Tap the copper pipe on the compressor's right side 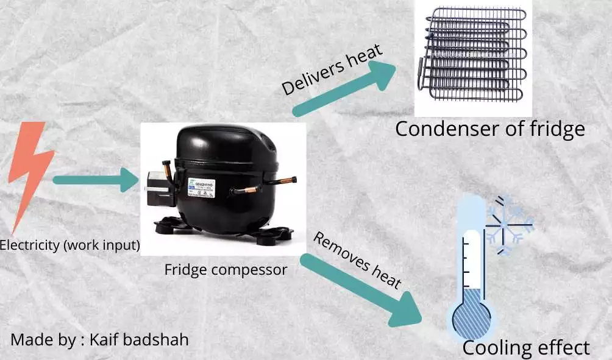coord(282,181)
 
